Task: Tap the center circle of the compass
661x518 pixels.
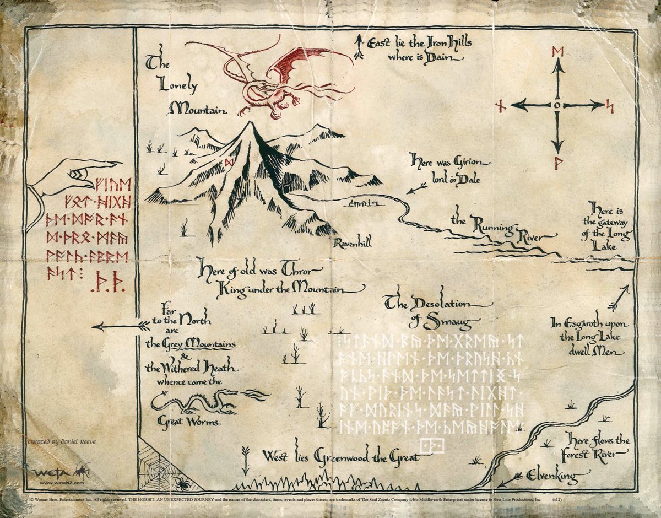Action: (x=558, y=105)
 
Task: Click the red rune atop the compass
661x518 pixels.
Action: (x=558, y=52)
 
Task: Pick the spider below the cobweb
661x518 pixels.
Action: (x=182, y=483)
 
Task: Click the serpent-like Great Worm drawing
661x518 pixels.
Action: (x=193, y=401)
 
